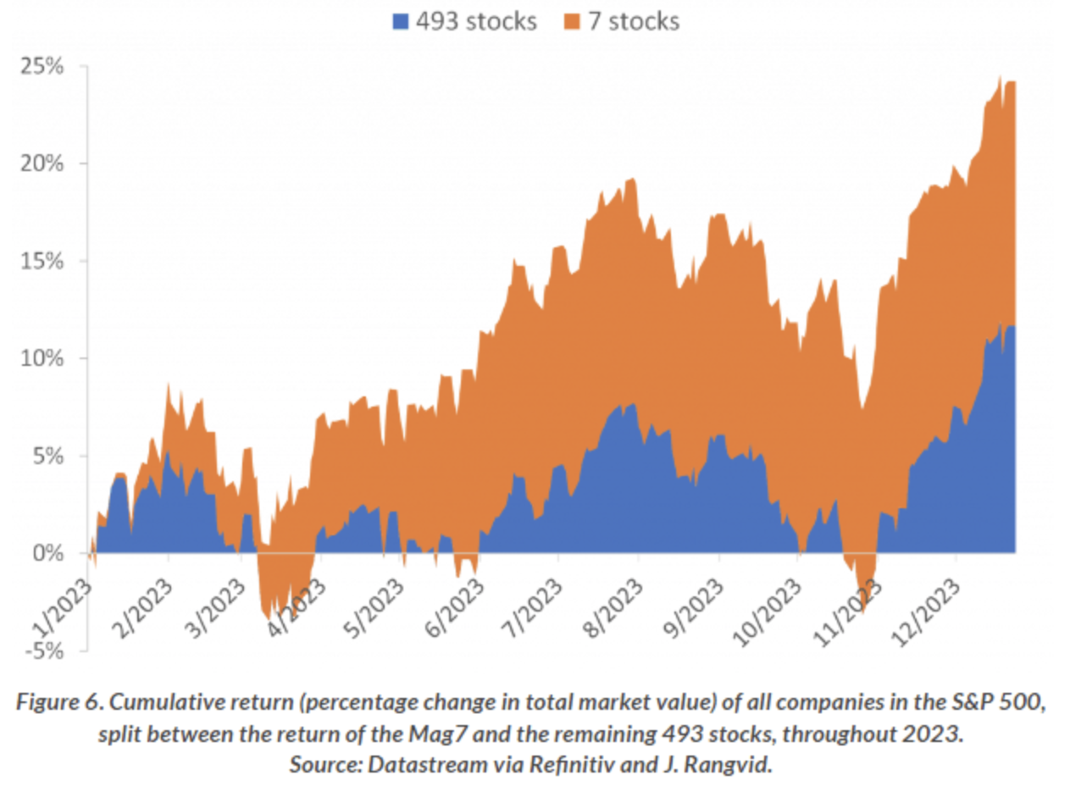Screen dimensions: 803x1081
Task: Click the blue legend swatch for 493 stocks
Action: coord(399,21)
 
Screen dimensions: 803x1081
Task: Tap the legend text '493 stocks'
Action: coord(474,21)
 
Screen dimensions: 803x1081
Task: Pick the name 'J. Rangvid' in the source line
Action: coord(735,761)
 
